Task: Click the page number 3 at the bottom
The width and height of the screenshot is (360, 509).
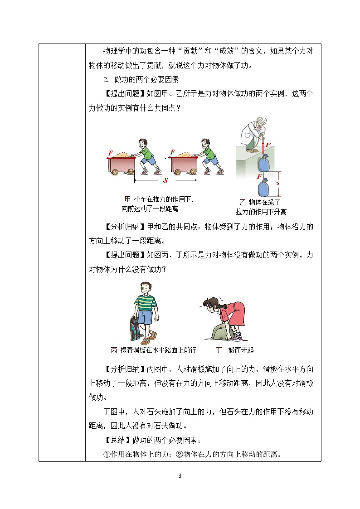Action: pyautogui.click(x=180, y=476)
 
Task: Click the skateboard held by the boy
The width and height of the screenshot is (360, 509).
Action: pyautogui.click(x=136, y=328)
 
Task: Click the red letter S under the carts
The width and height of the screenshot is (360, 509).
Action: pyautogui.click(x=165, y=180)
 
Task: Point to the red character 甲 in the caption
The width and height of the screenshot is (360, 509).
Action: pyautogui.click(x=127, y=199)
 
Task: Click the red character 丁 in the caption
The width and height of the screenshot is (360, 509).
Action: pyautogui.click(x=219, y=350)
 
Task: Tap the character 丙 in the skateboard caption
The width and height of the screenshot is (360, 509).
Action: pyautogui.click(x=114, y=350)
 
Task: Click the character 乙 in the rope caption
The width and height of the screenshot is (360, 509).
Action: pyautogui.click(x=243, y=202)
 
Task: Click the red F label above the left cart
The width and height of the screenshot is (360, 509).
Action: pyautogui.click(x=111, y=153)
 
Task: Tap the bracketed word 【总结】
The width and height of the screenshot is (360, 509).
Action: pyautogui.click(x=117, y=440)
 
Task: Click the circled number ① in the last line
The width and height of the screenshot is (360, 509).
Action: pyautogui.click(x=107, y=454)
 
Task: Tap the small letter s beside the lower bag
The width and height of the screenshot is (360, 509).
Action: pyautogui.click(x=278, y=183)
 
